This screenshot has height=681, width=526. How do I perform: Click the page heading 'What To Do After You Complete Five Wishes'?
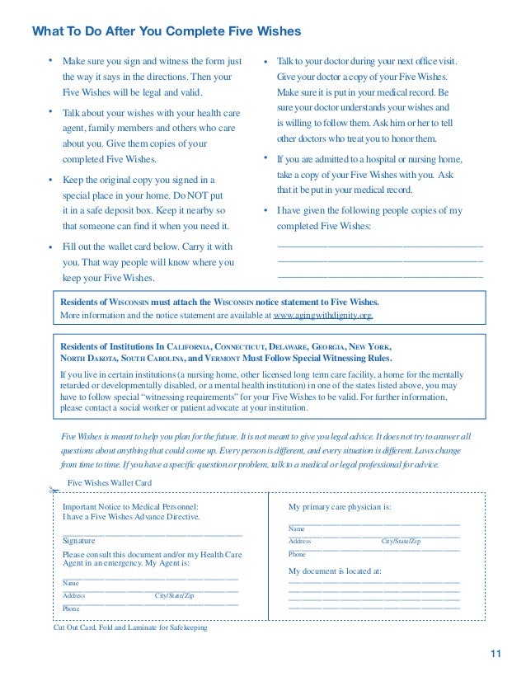pyautogui.click(x=167, y=31)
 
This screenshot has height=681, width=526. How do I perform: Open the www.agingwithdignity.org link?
pyautogui.click(x=323, y=315)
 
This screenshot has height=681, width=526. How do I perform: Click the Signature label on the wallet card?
pyautogui.click(x=80, y=541)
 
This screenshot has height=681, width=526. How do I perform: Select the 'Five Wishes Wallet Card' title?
pyautogui.click(x=109, y=483)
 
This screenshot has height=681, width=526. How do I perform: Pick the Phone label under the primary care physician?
pyautogui.click(x=297, y=555)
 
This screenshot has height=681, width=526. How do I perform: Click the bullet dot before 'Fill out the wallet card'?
pyautogui.click(x=50, y=247)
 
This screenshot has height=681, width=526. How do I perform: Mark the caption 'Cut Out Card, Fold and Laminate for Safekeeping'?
pyautogui.click(x=130, y=627)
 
